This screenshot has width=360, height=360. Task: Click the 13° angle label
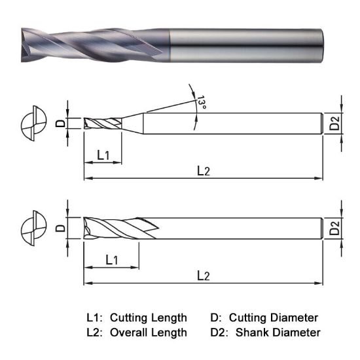[x=202, y=103]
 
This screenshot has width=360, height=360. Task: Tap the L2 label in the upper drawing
[x=204, y=171]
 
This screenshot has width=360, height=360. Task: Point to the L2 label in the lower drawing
[x=204, y=276]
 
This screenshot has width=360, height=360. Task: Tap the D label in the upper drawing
[x=60, y=123]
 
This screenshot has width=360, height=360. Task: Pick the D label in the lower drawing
[x=60, y=228]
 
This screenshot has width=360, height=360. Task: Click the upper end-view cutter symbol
[x=34, y=123]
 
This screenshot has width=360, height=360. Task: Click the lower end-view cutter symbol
[x=34, y=228]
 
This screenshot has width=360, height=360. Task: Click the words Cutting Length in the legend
[x=148, y=317]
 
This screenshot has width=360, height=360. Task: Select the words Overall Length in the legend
[x=148, y=333]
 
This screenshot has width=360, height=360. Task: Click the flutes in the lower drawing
[x=118, y=228]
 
